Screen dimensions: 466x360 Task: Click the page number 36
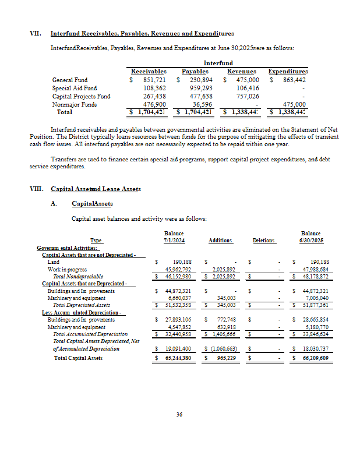click(179, 415)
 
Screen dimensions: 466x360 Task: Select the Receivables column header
click(144, 71)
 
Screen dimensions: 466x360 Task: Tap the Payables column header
click(195, 71)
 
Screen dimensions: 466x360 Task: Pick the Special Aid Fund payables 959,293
click(200, 88)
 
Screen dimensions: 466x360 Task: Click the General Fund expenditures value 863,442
click(293, 80)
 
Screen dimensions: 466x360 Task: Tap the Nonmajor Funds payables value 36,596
click(203, 104)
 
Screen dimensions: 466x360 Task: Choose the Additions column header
click(220, 241)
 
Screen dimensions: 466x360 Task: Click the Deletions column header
click(264, 241)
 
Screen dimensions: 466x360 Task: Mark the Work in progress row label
click(67, 270)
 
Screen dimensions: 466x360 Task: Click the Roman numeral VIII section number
click(36, 189)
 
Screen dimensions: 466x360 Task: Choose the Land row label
click(52, 263)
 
